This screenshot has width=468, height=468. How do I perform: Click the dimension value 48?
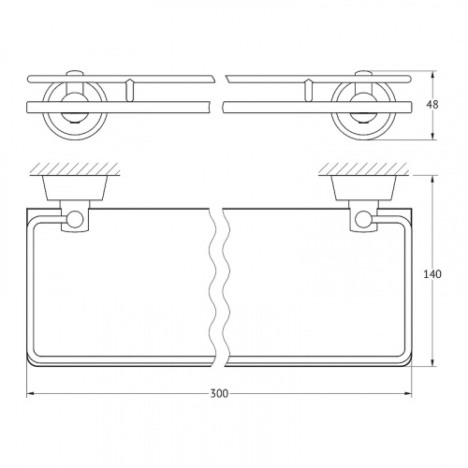[432, 105]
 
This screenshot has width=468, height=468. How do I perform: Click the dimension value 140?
[432, 274]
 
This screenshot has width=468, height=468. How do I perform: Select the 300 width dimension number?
[219, 394]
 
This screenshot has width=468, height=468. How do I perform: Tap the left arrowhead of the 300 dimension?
[30, 394]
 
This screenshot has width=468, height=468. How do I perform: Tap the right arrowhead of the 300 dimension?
[408, 394]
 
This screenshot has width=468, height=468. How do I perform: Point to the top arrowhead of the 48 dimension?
[432, 75]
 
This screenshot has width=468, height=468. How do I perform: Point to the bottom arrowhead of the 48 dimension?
[432, 136]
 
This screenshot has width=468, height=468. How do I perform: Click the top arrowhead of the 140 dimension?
[432, 179]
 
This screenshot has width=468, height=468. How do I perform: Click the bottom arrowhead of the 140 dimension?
[432, 362]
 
